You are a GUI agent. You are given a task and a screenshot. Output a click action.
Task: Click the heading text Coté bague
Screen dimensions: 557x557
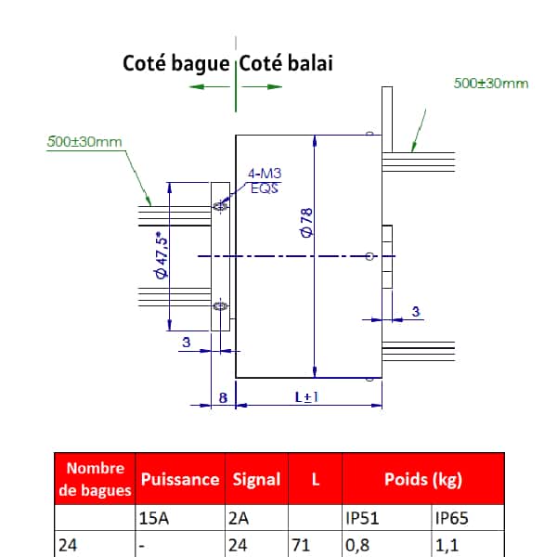[x=175, y=64]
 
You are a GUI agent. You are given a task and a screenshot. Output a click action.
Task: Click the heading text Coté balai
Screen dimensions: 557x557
[x=286, y=63]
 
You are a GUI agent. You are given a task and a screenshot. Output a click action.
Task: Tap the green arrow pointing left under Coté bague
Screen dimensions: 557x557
[x=210, y=86]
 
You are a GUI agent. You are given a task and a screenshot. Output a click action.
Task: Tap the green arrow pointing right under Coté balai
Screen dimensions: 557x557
[x=262, y=86]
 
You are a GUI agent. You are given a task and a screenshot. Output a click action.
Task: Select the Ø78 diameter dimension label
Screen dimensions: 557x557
[x=306, y=223]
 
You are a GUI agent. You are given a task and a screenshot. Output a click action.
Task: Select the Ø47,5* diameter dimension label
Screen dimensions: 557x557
[x=161, y=255]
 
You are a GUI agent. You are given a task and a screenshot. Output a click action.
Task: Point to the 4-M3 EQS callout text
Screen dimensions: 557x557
[x=265, y=181]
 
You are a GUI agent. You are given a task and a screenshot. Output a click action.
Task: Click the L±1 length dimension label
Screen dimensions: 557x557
[x=307, y=397]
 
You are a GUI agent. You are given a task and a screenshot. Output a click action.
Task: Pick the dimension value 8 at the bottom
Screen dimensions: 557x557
[x=223, y=398]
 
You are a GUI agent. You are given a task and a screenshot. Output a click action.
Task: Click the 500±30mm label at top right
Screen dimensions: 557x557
[x=491, y=84]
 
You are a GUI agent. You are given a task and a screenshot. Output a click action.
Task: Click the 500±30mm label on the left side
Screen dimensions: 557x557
[x=84, y=142]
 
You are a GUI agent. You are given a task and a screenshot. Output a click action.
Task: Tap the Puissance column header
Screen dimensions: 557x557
[x=180, y=479]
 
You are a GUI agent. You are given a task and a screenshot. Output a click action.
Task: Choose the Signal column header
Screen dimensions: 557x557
[x=256, y=479]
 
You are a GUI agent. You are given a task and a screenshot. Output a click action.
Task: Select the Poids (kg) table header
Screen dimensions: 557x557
[x=423, y=479]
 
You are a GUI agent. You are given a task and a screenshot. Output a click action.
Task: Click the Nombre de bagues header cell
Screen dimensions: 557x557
[x=96, y=479]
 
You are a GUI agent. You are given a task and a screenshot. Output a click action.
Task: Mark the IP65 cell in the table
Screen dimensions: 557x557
[x=452, y=518]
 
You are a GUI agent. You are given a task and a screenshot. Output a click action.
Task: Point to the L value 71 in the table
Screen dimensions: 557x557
[x=301, y=545]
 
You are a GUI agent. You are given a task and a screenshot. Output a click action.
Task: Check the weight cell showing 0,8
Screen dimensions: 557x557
[x=357, y=546]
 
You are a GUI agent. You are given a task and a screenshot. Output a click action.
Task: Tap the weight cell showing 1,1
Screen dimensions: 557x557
[x=447, y=546]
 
